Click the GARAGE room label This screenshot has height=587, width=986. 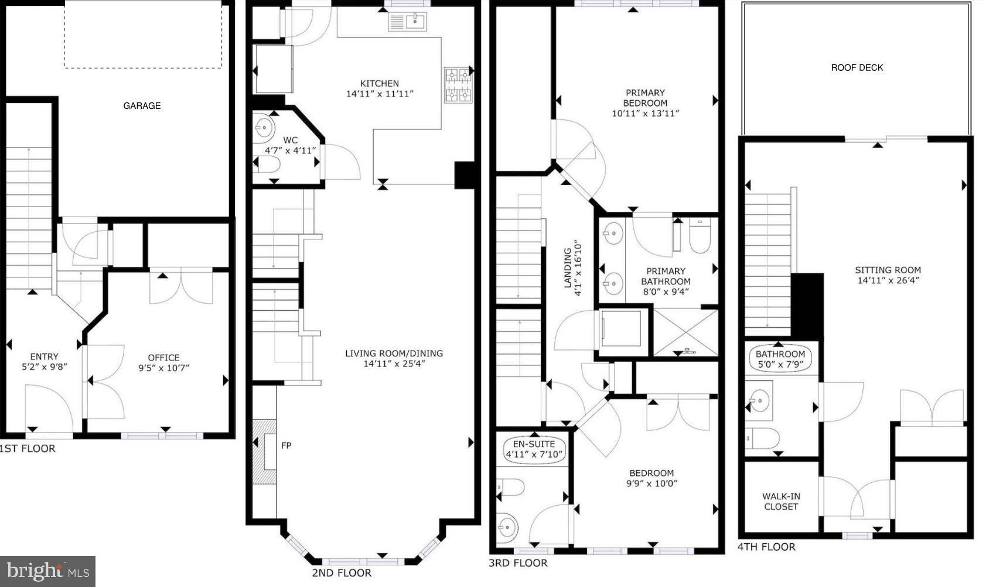[142, 105]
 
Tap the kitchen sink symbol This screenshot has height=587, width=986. [407, 22]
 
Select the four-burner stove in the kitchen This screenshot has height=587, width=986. [458, 85]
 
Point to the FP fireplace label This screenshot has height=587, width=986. [286, 445]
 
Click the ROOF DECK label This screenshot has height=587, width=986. [857, 68]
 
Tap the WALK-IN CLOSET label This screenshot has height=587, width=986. [781, 501]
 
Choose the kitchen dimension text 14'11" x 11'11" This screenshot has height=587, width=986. [380, 94]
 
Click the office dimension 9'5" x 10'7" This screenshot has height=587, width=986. [163, 368]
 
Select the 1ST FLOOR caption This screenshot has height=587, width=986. [28, 448]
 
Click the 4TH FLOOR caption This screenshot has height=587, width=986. [766, 547]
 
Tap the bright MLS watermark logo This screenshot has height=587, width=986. [47, 571]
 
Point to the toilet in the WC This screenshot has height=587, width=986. [267, 165]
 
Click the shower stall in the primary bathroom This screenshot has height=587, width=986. [685, 332]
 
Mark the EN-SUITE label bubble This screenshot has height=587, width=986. [534, 449]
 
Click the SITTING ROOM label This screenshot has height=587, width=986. [888, 275]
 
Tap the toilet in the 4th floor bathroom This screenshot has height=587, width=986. [762, 438]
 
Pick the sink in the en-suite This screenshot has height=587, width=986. [507, 526]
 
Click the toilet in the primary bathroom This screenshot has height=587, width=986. [700, 236]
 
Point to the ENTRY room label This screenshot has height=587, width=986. [44, 356]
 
